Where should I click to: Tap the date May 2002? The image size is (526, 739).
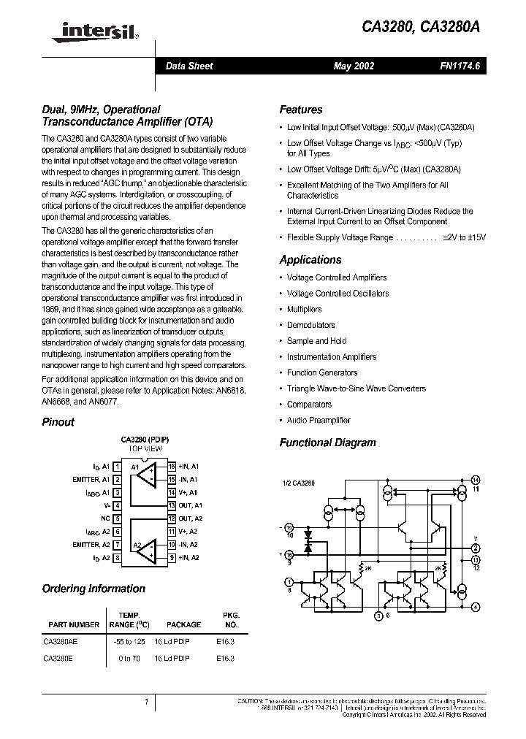tap(354, 66)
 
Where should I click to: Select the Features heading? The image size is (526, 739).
tap(300, 110)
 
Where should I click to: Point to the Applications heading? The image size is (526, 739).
tap(310, 260)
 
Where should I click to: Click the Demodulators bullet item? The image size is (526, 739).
tap(310, 325)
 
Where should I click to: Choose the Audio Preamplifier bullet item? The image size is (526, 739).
tap(319, 420)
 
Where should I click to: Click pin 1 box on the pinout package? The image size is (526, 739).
tap(117, 466)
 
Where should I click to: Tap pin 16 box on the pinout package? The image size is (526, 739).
tap(172, 466)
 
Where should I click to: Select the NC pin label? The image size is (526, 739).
tap(106, 518)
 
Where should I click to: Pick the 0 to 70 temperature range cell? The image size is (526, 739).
tap(128, 658)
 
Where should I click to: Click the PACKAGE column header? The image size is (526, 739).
tap(183, 624)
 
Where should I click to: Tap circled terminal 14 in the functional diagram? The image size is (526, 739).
tap(476, 479)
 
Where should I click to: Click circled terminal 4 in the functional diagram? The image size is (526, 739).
tap(476, 607)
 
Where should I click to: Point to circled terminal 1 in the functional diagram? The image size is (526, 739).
tap(288, 581)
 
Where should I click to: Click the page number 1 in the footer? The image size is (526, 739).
tap(146, 702)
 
